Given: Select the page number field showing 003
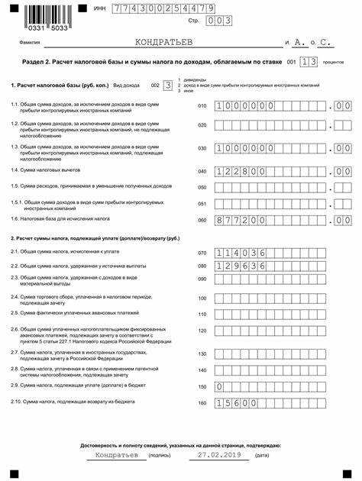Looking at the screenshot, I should pyautogui.click(x=218, y=21).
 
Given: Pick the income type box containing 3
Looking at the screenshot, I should pyautogui.click(x=168, y=87).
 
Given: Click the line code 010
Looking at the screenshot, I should pyautogui.click(x=202, y=106).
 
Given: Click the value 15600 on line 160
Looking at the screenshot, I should pyautogui.click(x=234, y=402).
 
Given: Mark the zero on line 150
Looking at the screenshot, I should pyautogui.click(x=220, y=387).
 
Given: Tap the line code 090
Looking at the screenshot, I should pyautogui.click(x=202, y=279).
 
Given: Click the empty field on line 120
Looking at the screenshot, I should pyautogui.click(x=271, y=331).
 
